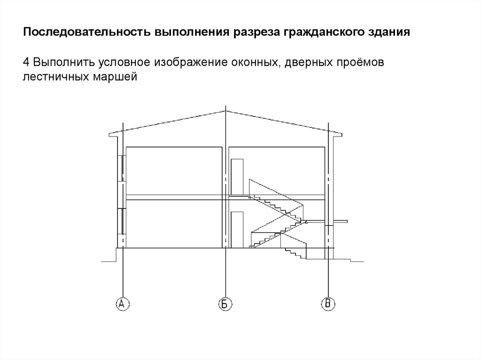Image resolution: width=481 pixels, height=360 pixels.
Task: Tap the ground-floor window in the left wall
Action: [123, 221]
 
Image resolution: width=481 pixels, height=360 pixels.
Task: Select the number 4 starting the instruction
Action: [27, 62]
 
